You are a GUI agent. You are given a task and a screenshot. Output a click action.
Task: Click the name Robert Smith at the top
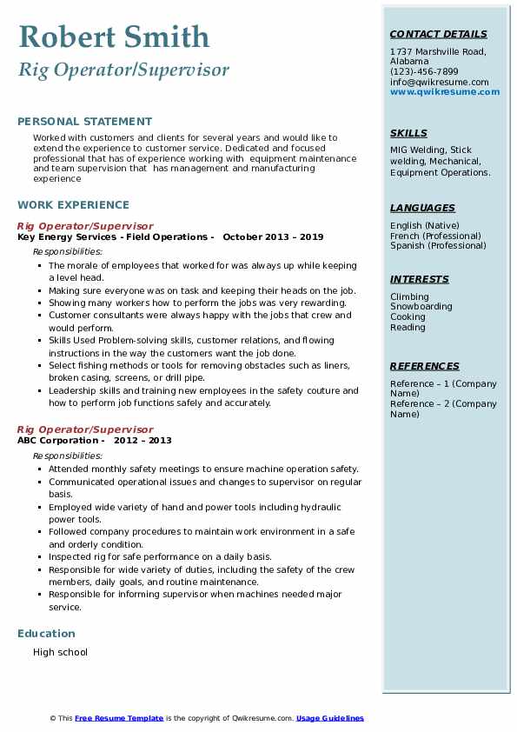114,37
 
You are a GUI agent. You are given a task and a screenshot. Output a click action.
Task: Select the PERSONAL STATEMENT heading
84,122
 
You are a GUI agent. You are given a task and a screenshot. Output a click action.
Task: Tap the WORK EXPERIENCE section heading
73,205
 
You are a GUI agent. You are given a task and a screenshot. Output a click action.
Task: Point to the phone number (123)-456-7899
424,72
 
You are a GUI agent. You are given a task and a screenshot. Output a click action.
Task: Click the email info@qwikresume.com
439,83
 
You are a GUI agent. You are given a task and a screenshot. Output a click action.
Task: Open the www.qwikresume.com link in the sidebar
445,92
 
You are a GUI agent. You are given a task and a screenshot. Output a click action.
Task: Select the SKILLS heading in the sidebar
408,134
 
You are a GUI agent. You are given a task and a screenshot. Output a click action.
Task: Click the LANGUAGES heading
422,209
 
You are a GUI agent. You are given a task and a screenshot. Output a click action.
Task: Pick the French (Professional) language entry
435,236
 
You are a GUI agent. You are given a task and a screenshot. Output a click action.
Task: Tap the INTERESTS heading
420,280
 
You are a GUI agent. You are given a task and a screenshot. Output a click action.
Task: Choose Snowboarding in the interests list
421,307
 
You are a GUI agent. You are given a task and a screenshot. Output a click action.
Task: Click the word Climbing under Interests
409,297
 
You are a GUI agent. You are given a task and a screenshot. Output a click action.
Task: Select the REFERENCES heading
423,367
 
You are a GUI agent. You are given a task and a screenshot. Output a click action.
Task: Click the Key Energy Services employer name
70,236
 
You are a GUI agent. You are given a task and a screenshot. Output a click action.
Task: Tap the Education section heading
46,634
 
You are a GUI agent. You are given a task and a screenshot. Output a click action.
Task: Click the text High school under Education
60,652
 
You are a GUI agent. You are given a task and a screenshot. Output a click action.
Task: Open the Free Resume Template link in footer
119,718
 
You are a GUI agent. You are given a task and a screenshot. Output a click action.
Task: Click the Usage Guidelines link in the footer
330,718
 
